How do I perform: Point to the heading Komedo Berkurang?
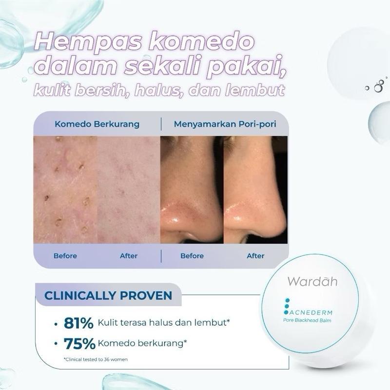(97, 124)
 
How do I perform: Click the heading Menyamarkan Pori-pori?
(225, 124)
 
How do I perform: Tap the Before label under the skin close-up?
(65, 255)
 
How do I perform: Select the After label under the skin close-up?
(129, 255)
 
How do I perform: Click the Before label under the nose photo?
(192, 255)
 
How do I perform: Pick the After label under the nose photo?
(255, 255)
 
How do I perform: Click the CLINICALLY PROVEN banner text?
(108, 296)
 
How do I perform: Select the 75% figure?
(79, 343)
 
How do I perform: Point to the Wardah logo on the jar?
(312, 281)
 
